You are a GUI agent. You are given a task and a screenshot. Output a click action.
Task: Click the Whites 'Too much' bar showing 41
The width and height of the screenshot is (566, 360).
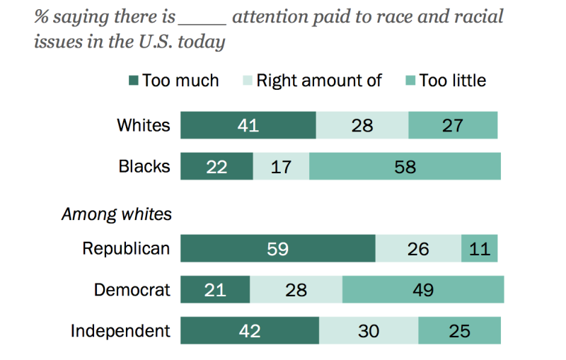point(248,125)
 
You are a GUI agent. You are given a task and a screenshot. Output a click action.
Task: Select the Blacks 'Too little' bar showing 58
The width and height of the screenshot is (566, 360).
point(405,166)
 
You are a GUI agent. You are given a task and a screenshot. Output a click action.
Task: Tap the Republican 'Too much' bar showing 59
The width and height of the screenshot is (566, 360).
point(277,249)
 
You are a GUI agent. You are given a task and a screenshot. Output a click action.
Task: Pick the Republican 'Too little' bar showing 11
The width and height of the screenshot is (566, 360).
point(479,249)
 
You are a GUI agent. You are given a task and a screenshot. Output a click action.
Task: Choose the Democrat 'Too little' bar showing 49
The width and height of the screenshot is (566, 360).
point(422,290)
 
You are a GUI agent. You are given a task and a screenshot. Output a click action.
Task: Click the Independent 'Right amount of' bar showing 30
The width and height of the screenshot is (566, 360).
point(368,331)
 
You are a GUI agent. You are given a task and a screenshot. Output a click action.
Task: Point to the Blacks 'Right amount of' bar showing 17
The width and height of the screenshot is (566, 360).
point(280,166)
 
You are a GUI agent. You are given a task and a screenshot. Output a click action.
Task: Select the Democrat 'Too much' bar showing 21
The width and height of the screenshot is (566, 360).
point(215,290)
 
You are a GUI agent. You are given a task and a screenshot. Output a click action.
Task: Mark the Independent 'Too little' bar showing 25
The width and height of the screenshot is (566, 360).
point(459,331)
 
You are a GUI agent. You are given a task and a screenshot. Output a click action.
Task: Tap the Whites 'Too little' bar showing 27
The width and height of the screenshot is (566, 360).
point(453,125)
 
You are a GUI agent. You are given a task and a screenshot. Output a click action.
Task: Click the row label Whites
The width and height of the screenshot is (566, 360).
point(144,125)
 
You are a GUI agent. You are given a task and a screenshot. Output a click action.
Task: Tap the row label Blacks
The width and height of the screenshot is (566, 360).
point(144,166)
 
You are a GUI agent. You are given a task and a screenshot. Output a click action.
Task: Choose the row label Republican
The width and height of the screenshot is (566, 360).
point(126,249)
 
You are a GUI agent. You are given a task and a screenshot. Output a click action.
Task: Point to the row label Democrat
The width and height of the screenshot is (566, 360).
point(132,290)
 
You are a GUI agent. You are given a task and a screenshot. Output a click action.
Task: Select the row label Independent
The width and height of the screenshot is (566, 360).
point(120,331)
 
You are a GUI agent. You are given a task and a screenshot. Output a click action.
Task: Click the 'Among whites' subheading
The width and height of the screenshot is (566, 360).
point(117,213)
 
